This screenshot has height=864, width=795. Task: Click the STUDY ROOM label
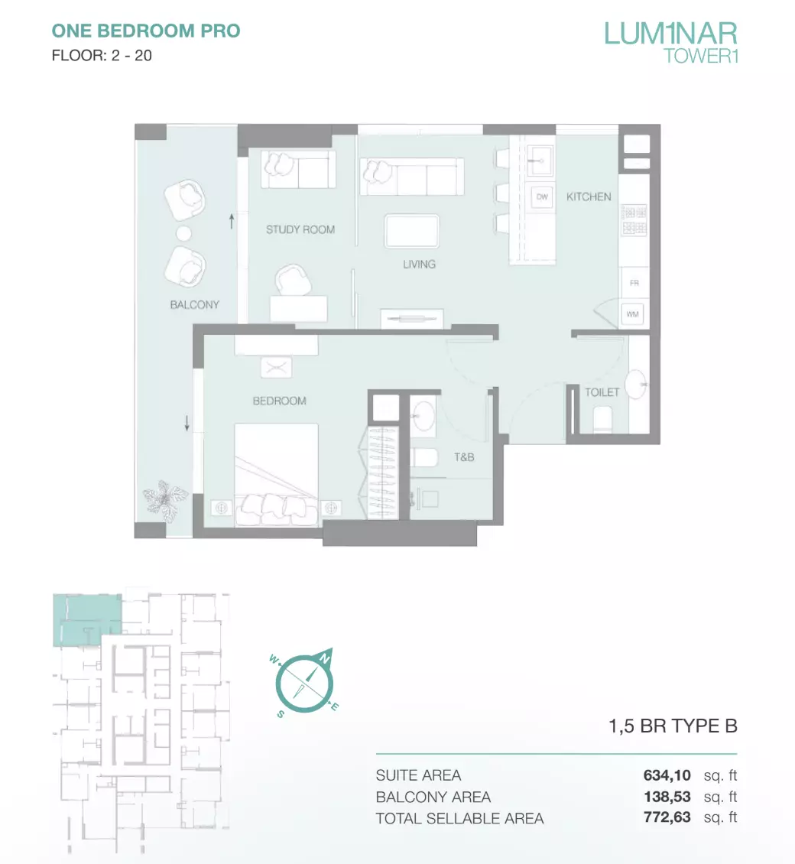pyautogui.click(x=300, y=230)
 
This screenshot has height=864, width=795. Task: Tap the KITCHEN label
pyautogui.click(x=589, y=197)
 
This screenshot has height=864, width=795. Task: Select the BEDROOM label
pyautogui.click(x=279, y=401)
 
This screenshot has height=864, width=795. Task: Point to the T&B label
pyautogui.click(x=464, y=456)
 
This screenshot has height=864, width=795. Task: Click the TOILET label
pyautogui.click(x=602, y=392)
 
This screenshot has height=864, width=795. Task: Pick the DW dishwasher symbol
pyautogui.click(x=542, y=197)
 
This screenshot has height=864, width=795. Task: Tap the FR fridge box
pyautogui.click(x=634, y=283)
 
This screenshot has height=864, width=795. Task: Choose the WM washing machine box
pyautogui.click(x=632, y=314)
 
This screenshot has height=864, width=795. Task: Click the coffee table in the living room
pyautogui.click(x=412, y=232)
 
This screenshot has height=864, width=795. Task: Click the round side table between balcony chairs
pyautogui.click(x=183, y=234)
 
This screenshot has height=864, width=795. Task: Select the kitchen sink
pyautogui.click(x=540, y=161)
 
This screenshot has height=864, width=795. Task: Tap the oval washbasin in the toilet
pyautogui.click(x=636, y=384)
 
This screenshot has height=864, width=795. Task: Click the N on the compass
pyautogui.click(x=325, y=658)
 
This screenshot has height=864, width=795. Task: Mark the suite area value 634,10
pyautogui.click(x=667, y=775)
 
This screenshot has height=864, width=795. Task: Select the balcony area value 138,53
pyautogui.click(x=667, y=797)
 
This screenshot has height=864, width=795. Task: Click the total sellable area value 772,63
pyautogui.click(x=667, y=817)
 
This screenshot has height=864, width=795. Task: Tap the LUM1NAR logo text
pyautogui.click(x=670, y=34)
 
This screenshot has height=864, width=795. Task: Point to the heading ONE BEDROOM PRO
pyautogui.click(x=146, y=31)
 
